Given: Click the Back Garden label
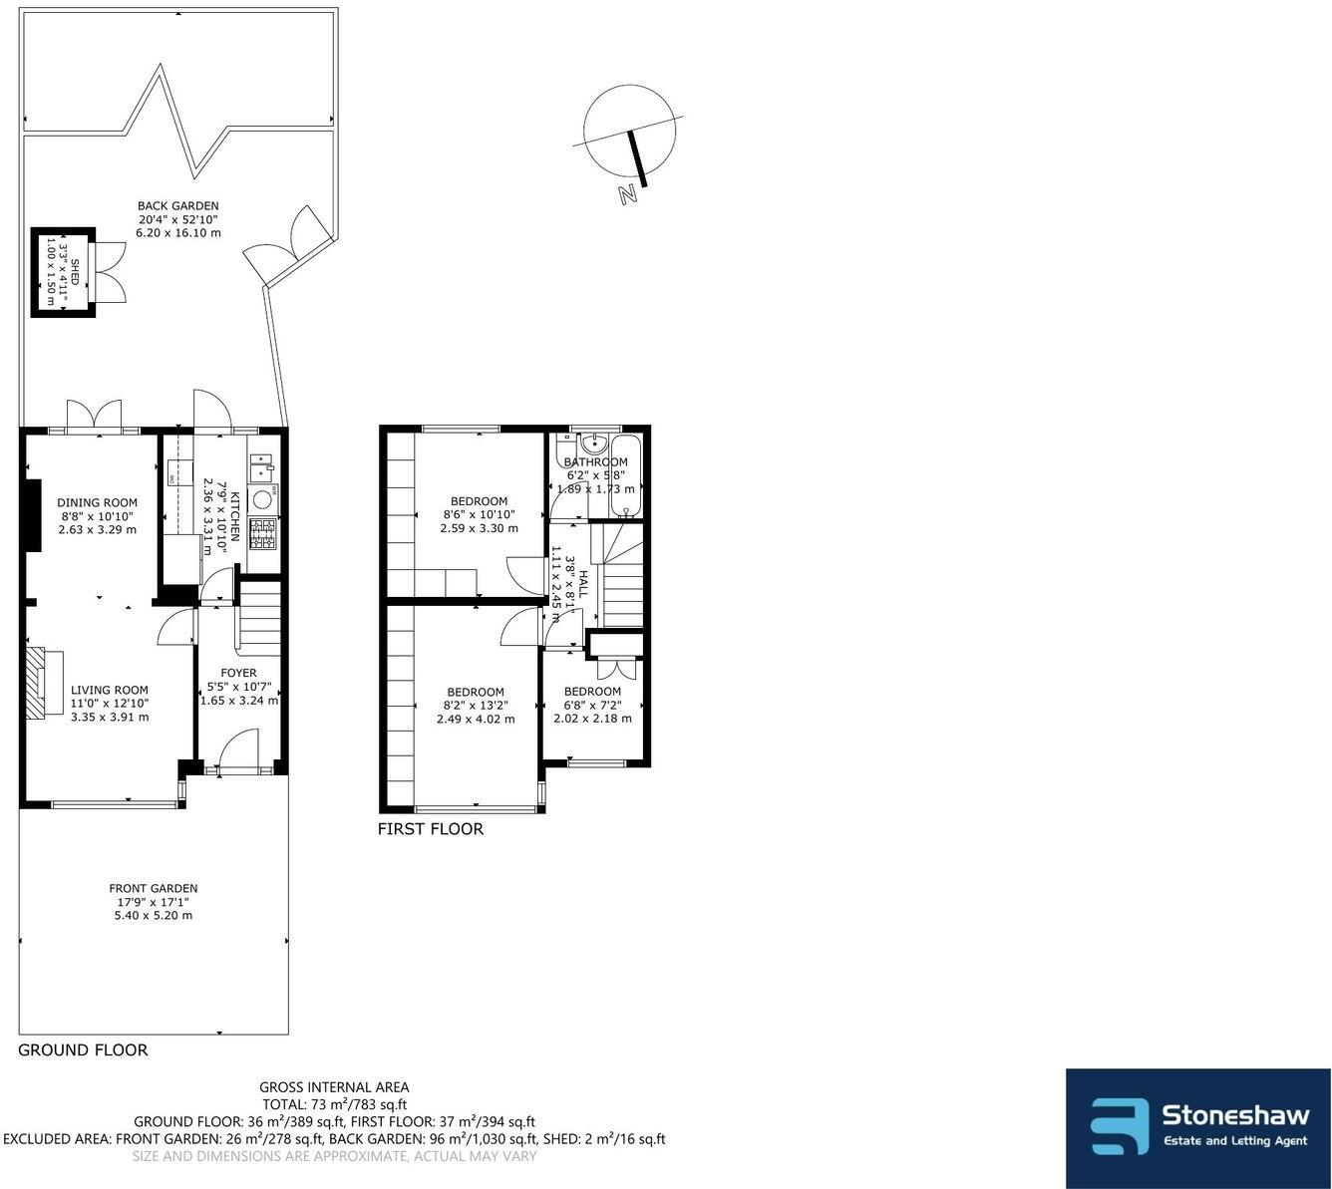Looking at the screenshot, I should [x=177, y=206].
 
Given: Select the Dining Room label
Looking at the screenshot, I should [x=97, y=503].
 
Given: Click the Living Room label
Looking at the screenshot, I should [x=109, y=690].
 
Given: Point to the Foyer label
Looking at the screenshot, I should [x=238, y=673].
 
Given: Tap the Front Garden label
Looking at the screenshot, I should [x=154, y=888].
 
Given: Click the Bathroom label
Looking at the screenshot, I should [x=595, y=462].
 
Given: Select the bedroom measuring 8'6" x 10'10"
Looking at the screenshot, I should [x=479, y=501].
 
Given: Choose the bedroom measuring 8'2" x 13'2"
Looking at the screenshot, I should [x=476, y=692].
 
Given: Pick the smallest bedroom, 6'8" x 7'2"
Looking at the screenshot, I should [x=592, y=692].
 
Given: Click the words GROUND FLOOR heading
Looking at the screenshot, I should [x=83, y=1049].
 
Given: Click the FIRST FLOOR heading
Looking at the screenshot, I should [x=431, y=829].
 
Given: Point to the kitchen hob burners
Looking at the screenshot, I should [x=263, y=534].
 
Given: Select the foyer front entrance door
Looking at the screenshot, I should [x=237, y=750].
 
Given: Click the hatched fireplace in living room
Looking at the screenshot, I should [x=37, y=682].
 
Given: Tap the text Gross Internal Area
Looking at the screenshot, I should [x=334, y=1087].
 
